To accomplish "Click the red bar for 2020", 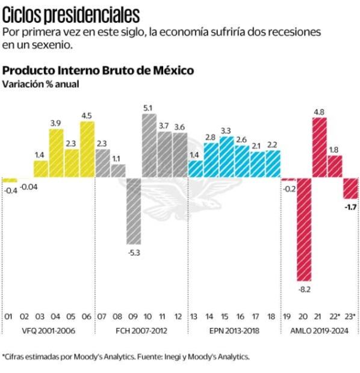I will [304, 230].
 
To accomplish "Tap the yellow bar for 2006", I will [87, 150].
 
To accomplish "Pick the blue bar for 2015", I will [226, 157].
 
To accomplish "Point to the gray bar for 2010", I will [149, 146].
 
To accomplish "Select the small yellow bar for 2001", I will [10, 180].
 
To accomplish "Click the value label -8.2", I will [304, 289].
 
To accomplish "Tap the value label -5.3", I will [134, 252].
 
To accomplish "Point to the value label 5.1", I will [148, 108].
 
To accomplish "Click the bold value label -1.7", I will [350, 207].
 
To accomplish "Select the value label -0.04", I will [29, 186].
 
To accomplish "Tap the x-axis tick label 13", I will [195, 316].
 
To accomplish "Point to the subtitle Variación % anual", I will [41, 84].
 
